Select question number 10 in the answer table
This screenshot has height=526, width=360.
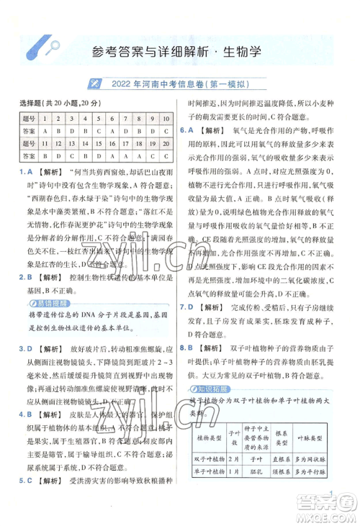click(166, 119)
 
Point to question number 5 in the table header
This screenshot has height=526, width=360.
click(99, 119)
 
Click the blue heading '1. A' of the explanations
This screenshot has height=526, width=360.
click(26, 173)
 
